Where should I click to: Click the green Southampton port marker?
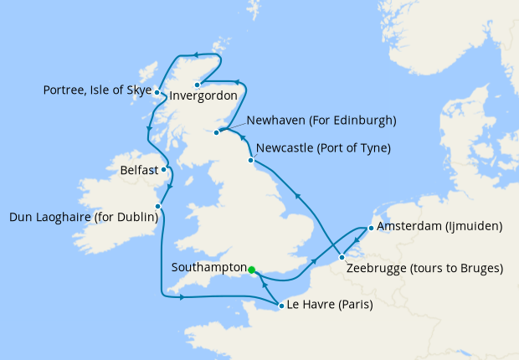click(x=251, y=270)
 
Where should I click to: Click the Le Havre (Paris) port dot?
click(x=280, y=306)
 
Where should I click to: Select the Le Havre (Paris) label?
click(x=330, y=306)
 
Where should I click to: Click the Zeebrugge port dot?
click(x=342, y=257)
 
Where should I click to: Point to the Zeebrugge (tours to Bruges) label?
click(x=424, y=269)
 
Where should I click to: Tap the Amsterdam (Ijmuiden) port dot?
click(x=371, y=227)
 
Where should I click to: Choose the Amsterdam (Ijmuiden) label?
click(x=439, y=227)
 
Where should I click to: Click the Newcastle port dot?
click(x=251, y=160)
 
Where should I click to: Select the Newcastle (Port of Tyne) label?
click(x=323, y=148)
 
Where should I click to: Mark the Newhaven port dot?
click(x=217, y=132)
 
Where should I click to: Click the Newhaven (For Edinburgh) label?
click(x=326, y=121)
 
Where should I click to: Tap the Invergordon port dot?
click(x=198, y=85)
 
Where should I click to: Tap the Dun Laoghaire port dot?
click(x=157, y=207)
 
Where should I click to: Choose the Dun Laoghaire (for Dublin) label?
click(x=83, y=218)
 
